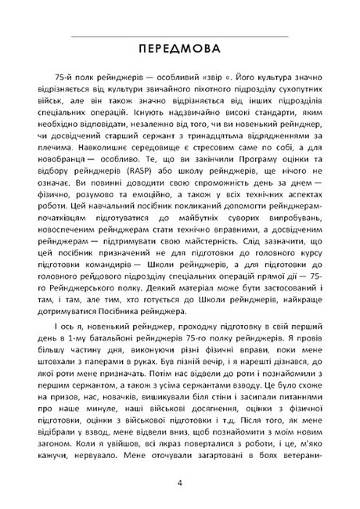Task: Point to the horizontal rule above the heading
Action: click(x=179, y=36)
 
